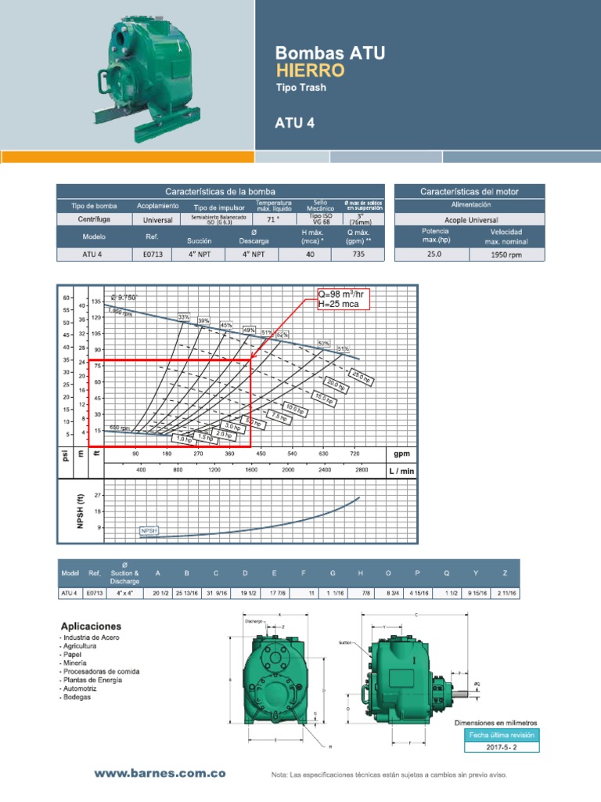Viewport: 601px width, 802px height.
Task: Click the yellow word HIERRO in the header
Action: click(310, 70)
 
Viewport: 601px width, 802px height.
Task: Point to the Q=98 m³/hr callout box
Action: click(340, 298)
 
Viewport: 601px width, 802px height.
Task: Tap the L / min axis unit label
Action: click(401, 471)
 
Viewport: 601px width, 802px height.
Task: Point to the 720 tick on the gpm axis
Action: click(354, 453)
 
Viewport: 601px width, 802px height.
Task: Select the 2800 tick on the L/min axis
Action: click(361, 470)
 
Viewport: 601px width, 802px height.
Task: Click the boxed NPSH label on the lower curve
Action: click(149, 530)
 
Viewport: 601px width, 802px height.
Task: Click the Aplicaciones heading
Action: click(92, 627)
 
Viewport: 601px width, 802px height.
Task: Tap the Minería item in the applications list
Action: click(75, 663)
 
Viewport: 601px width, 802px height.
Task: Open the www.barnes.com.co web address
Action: click(160, 773)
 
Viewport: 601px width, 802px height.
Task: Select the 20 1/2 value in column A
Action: click(161, 593)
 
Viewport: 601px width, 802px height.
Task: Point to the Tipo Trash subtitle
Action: click(300, 88)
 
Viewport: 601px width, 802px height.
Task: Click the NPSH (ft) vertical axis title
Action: click(79, 511)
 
